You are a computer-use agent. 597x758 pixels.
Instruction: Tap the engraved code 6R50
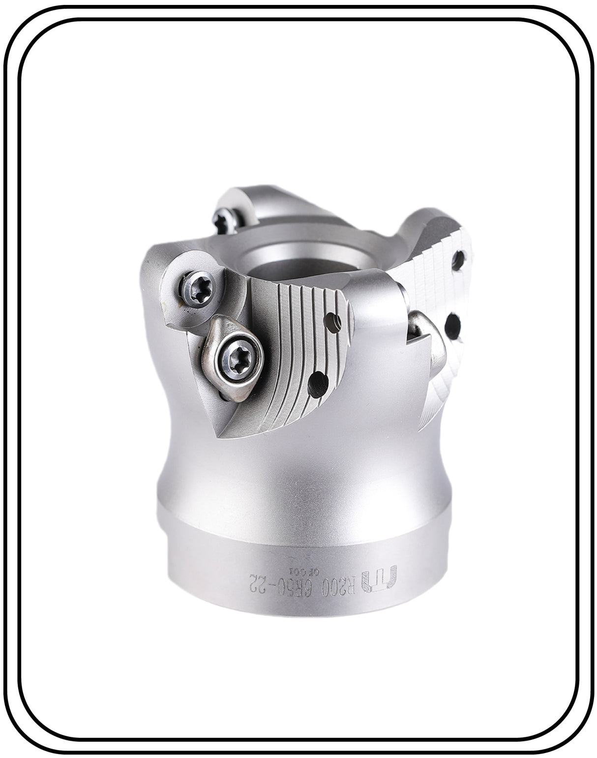click(x=301, y=584)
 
